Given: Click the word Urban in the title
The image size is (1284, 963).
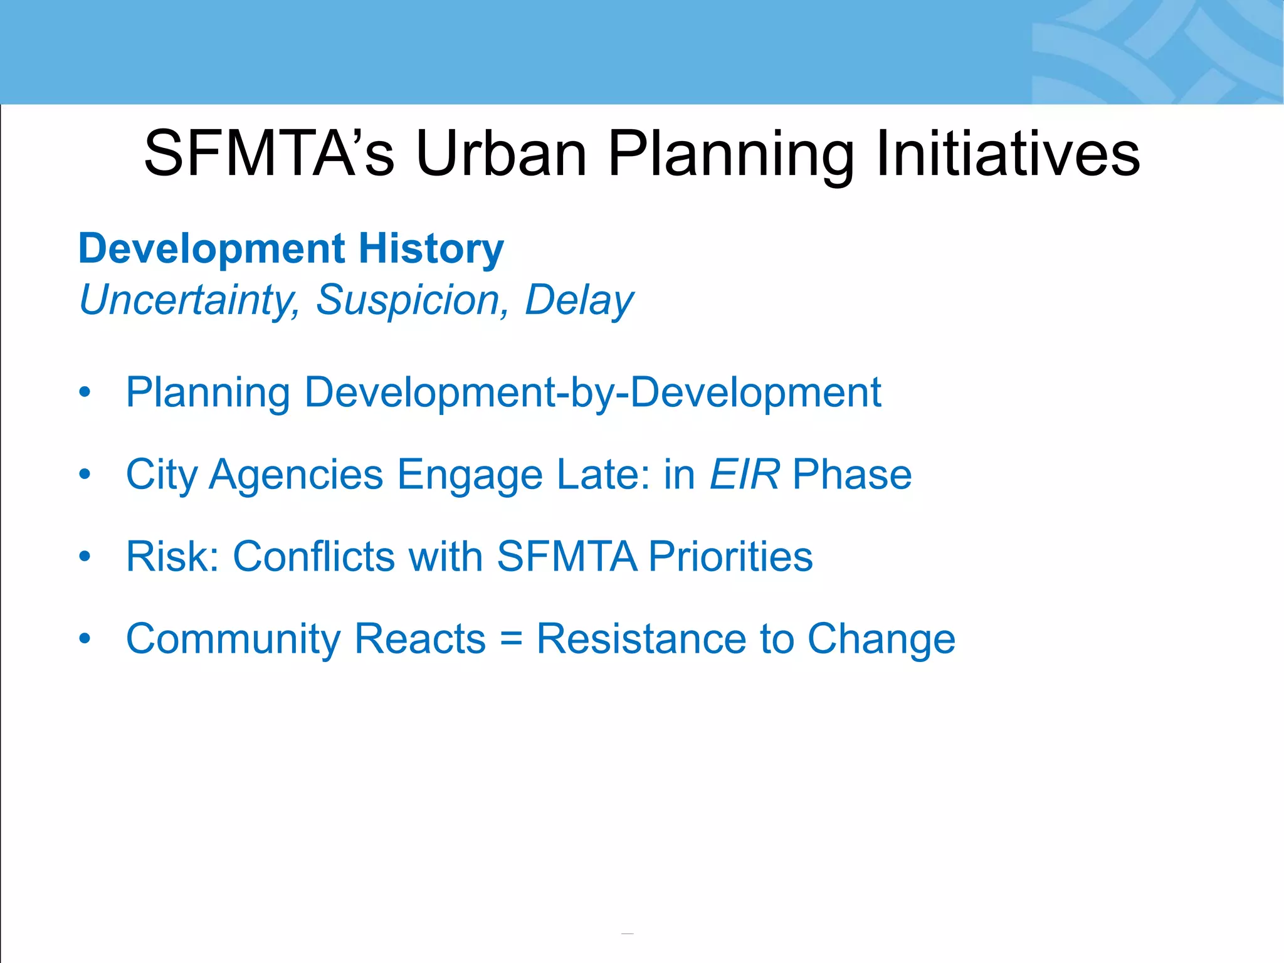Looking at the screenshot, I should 501,154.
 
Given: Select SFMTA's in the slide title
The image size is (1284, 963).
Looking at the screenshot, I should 269,154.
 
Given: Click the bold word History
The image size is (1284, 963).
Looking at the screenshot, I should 431,248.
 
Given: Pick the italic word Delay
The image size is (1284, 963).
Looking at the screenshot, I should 579,300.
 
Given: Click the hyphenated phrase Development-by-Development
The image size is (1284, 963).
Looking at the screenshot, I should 592,392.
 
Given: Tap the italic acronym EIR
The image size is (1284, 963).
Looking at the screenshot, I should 744,474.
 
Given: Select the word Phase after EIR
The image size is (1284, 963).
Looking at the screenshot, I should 852,474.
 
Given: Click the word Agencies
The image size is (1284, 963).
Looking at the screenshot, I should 296,474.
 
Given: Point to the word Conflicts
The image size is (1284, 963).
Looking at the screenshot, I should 313,556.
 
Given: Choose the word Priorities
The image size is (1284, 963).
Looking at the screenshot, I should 730,556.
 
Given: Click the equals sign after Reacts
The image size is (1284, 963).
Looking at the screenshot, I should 512,639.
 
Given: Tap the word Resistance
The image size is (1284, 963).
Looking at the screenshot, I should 641,639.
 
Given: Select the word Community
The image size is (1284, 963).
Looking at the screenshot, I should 233,639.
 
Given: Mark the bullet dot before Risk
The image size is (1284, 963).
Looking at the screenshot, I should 85,556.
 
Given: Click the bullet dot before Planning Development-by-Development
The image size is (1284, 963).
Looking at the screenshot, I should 85,392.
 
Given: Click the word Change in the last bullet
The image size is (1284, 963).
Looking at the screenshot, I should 881,639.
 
